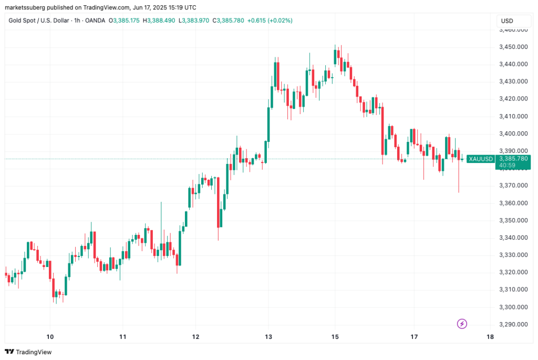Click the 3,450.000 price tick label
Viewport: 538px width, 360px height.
513,47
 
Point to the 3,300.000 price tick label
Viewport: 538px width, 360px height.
513,307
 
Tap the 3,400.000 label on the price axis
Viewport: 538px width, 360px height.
513,133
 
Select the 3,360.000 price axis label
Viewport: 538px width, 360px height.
513,203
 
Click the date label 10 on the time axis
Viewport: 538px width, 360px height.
50,337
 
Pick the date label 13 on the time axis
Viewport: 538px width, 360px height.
268,337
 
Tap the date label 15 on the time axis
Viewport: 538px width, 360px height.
336,337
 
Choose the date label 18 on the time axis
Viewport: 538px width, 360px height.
490,337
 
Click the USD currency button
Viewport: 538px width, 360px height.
508,21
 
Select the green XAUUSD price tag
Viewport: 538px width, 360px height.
481,159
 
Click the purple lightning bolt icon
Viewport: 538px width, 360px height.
462,324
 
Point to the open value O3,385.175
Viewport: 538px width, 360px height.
126,20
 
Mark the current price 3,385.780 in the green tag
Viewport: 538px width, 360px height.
514,158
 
